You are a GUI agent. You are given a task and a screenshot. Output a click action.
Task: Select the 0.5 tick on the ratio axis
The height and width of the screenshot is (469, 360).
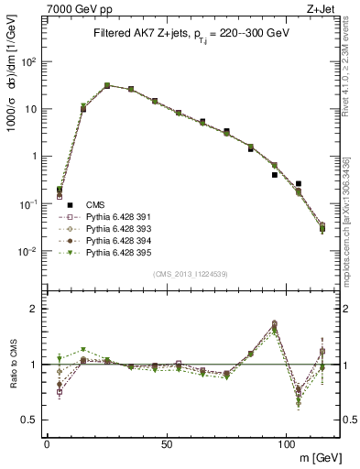32,420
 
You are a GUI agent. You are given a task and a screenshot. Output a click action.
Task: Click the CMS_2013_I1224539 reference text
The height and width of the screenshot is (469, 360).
190,273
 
